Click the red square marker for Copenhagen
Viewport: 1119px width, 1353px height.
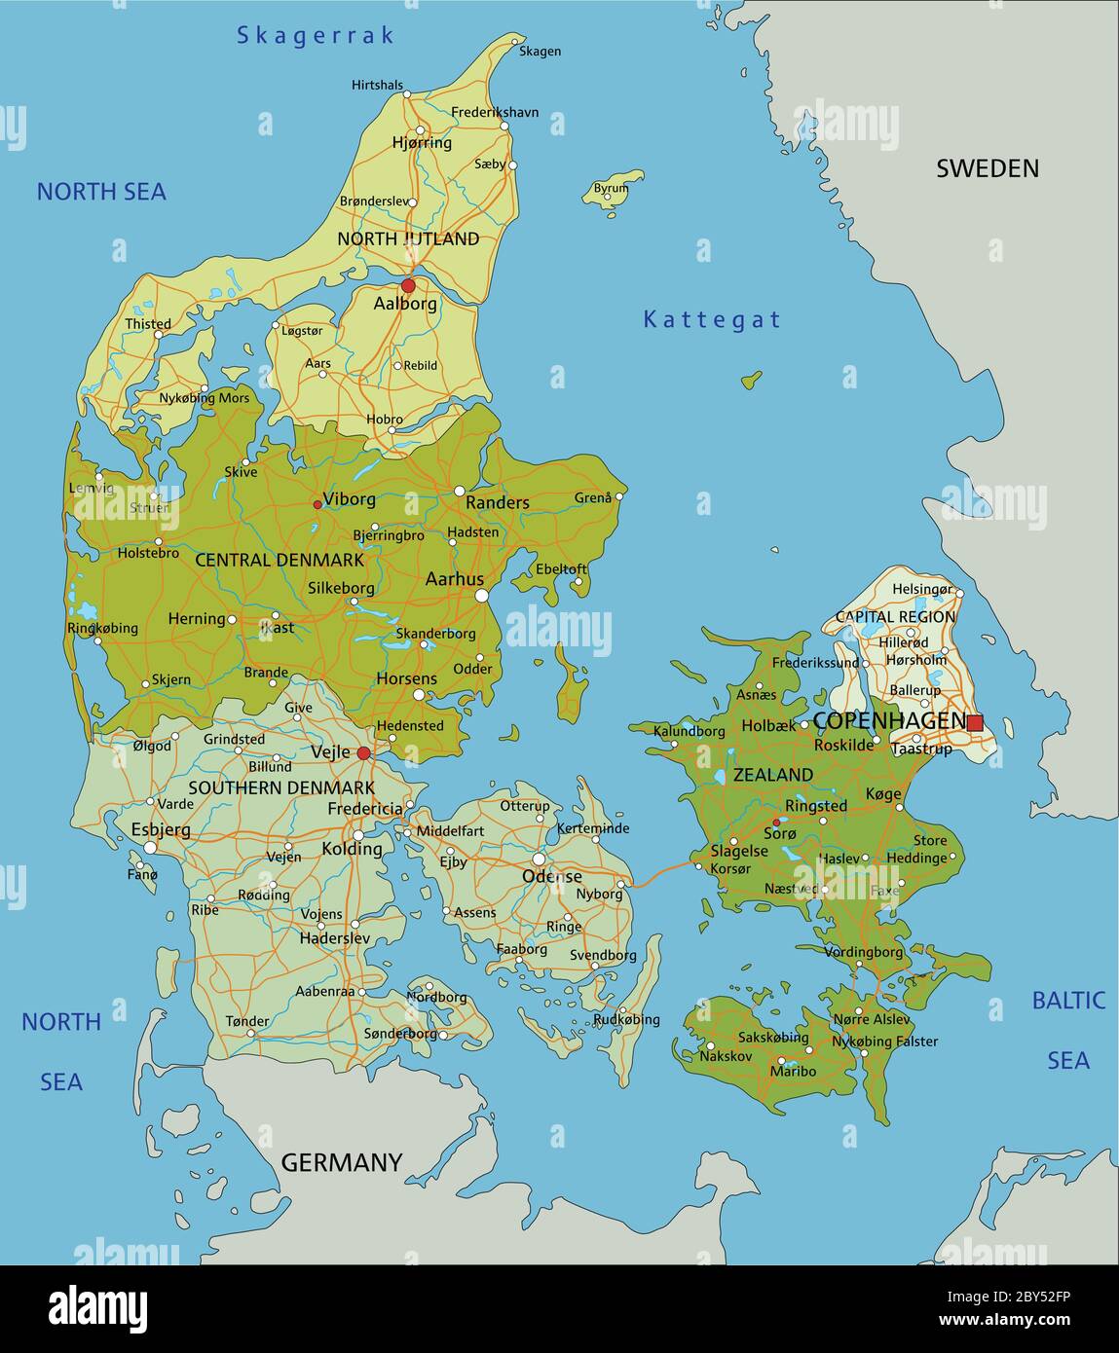point(975,722)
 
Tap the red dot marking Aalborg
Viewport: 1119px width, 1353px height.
point(408,286)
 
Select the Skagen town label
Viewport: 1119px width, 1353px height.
point(540,51)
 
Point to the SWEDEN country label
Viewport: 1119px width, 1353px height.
point(987,168)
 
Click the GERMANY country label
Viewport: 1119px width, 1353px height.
point(341,1162)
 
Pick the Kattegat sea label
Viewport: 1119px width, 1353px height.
point(712,319)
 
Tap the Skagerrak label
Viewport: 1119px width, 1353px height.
point(316,36)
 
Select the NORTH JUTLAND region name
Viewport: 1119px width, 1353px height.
point(408,238)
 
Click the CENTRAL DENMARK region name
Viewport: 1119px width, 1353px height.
point(280,560)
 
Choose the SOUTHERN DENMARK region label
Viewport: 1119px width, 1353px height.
point(281,787)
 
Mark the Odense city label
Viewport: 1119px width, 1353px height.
point(552,876)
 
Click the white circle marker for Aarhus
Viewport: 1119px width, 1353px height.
point(481,595)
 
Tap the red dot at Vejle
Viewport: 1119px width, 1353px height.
point(363,753)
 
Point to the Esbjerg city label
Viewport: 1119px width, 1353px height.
point(161,830)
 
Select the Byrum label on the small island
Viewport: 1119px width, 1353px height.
point(611,188)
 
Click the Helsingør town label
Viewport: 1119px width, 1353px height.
point(921,589)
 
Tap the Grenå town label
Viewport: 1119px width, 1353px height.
point(593,497)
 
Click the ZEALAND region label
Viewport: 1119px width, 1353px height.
point(773,775)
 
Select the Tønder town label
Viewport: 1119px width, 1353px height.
point(247,1021)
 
